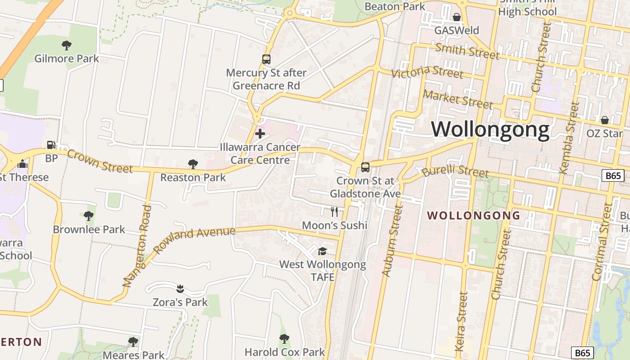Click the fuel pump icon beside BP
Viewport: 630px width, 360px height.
51,145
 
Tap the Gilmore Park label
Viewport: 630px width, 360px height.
67,58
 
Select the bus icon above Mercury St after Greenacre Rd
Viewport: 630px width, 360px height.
266,59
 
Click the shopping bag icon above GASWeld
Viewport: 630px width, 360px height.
457,18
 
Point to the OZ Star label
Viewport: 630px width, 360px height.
604,133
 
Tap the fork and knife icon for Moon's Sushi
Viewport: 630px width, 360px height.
334,211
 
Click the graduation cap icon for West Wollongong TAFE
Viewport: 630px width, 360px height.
323,251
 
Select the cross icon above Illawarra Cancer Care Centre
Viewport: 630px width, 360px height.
260,133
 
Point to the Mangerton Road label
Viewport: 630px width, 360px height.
136,246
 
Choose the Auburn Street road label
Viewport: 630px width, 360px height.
390,241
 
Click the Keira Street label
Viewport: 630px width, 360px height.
462,321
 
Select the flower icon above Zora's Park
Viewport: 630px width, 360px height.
180,288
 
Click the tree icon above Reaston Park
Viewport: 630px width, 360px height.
193,164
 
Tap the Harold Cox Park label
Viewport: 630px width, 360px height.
284,351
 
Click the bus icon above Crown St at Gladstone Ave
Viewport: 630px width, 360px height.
365,167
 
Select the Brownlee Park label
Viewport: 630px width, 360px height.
89,229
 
